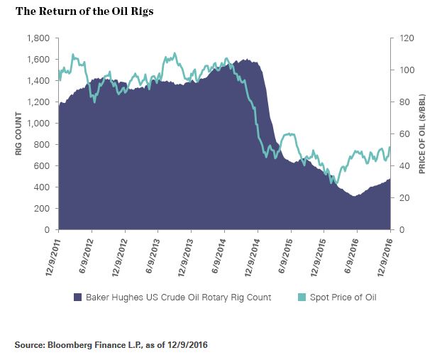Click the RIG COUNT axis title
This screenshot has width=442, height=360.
[x=18, y=134]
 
